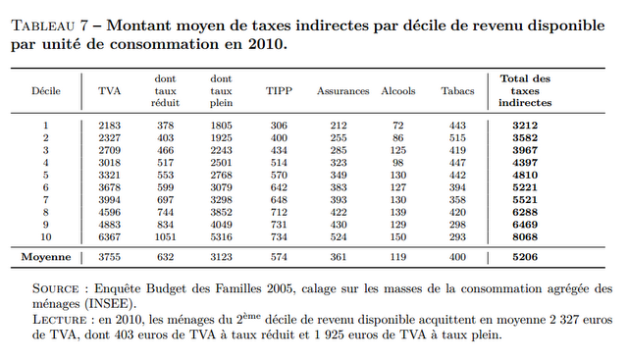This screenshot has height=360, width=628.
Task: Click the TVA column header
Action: coord(110,90)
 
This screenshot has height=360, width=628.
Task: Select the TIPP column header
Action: coord(280,90)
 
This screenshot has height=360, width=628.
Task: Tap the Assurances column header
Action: coord(342,90)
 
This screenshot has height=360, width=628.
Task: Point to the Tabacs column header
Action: coord(457,90)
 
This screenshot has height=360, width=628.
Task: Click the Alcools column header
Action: coord(397,90)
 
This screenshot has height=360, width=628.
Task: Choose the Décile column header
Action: coord(46,90)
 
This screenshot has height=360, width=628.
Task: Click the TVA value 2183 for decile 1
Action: coord(110,126)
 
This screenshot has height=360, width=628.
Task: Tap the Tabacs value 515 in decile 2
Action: coord(457,138)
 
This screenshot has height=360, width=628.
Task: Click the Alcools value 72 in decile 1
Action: coord(397,126)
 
